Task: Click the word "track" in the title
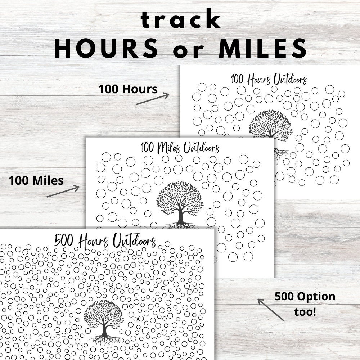180,20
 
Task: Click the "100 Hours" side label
128,89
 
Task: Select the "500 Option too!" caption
305,303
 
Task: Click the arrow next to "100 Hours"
153,99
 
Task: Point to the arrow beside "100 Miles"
63,191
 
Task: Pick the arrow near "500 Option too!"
270,309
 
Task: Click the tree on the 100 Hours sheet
270,126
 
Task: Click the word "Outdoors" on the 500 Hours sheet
134,240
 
